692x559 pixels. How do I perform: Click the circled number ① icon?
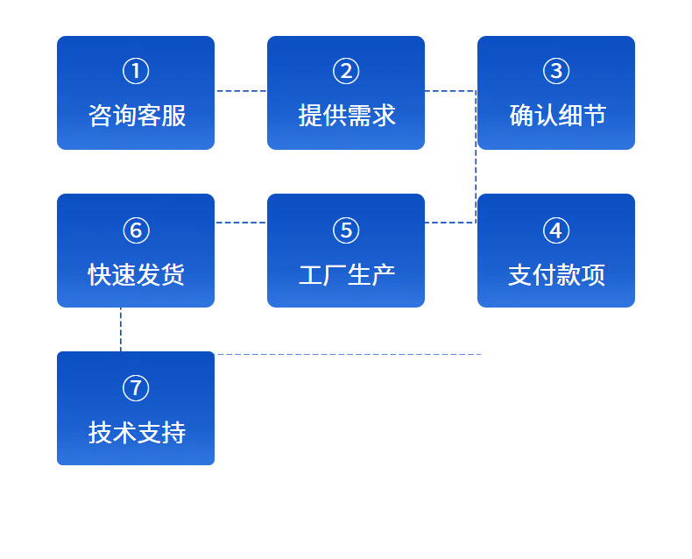click(136, 71)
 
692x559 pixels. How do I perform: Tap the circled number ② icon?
click(346, 71)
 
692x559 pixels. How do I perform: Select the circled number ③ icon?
click(556, 71)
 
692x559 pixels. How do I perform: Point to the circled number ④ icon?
click(556, 230)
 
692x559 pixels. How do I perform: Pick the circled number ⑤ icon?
click(346, 230)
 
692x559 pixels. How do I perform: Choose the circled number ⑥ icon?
click(136, 230)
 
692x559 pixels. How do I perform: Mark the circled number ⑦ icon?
click(136, 388)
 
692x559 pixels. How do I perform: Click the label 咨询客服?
click(137, 116)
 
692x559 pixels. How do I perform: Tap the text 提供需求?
click(347, 116)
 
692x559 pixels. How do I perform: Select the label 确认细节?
click(558, 116)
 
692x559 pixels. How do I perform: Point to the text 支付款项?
click(556, 274)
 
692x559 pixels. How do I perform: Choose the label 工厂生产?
click(347, 274)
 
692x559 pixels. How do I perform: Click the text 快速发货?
click(137, 274)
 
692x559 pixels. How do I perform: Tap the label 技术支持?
click(137, 432)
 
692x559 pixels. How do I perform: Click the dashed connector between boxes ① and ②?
click(241, 91)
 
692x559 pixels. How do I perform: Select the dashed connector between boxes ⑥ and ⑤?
click(241, 223)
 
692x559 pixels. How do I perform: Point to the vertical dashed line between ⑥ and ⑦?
click(121, 329)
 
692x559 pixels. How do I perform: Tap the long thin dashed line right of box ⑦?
click(348, 354)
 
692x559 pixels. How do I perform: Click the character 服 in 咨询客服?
click(173, 116)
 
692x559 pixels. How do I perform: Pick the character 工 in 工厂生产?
click(311, 274)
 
